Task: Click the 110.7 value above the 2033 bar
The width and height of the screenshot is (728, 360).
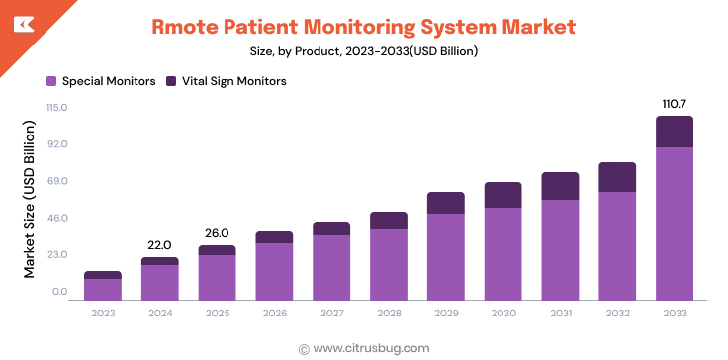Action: point(674,103)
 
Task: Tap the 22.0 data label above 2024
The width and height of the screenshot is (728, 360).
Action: point(159,245)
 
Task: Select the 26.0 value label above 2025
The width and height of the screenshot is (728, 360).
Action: point(217,233)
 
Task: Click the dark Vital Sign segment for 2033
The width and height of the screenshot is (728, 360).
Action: point(674,132)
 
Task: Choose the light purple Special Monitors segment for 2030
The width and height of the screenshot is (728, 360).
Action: point(502,253)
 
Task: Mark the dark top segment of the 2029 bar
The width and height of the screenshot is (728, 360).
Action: point(445,203)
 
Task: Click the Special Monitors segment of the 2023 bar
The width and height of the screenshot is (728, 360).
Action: point(102,289)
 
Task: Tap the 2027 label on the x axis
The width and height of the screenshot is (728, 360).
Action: point(330,314)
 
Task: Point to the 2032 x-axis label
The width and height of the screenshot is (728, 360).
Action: point(616,314)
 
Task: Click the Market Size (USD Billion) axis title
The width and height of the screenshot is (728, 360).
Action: point(31,200)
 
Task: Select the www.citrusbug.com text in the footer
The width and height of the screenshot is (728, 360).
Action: point(371,347)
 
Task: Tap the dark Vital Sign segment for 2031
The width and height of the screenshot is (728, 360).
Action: point(560,186)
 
